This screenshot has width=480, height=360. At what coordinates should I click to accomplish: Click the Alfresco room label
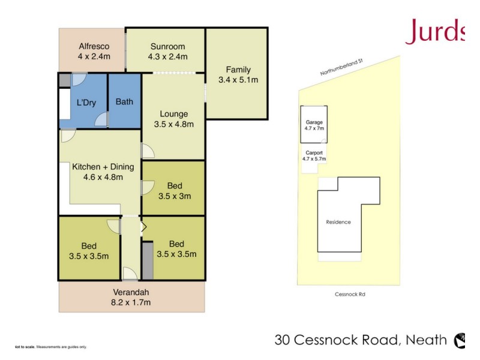(92, 47)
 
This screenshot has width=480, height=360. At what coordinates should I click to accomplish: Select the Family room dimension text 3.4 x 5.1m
(238, 80)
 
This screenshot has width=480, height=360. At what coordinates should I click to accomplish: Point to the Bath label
(124, 101)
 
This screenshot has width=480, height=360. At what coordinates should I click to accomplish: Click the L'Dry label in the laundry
(86, 103)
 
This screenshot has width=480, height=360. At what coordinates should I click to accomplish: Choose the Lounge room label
(173, 114)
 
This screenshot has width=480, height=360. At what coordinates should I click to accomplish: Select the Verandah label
(131, 293)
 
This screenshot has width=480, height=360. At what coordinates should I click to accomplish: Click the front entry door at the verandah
(130, 274)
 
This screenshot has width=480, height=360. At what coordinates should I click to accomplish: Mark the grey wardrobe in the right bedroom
(148, 260)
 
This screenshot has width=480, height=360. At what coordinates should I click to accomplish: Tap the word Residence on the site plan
(338, 222)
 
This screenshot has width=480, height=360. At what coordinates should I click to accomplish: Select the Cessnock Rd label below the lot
(350, 295)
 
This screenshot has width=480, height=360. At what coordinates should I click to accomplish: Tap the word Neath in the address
(426, 340)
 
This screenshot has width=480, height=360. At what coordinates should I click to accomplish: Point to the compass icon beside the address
(460, 340)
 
